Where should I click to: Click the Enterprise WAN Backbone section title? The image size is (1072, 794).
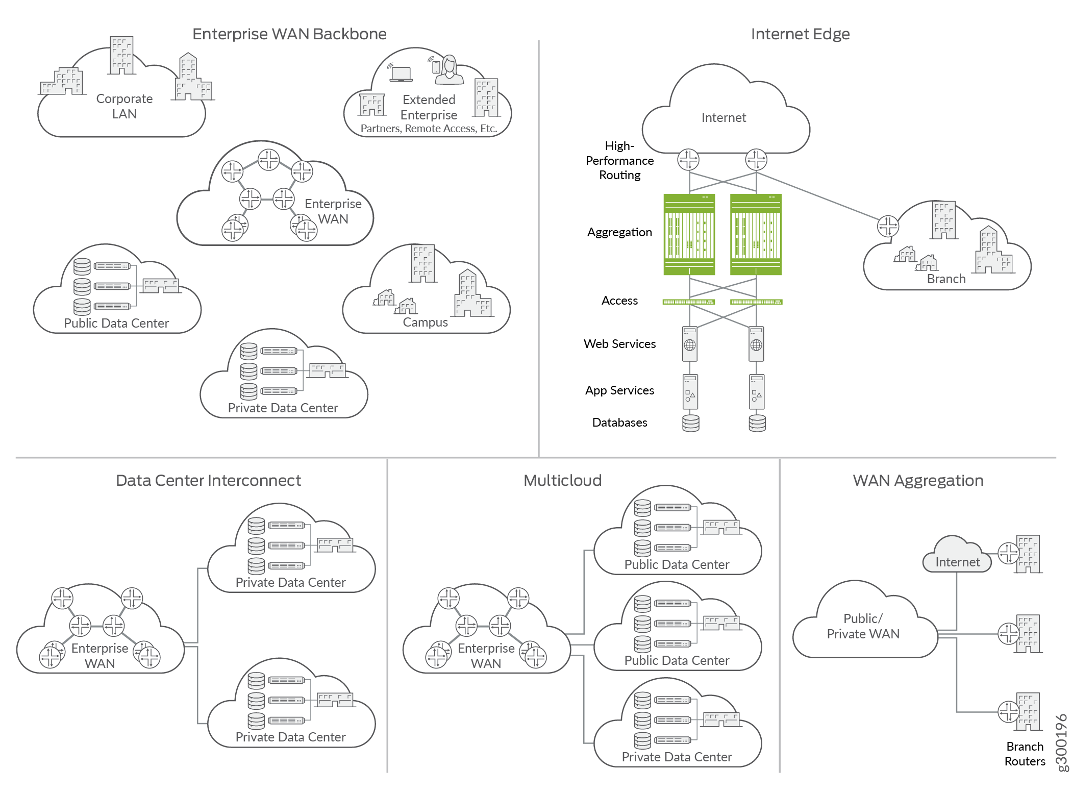tap(289, 34)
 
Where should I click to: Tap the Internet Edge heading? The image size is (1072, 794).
tap(800, 34)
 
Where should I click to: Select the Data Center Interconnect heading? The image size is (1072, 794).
tap(208, 481)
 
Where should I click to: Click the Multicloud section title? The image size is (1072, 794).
tap(562, 481)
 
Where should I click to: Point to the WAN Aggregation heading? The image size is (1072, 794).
tap(918, 481)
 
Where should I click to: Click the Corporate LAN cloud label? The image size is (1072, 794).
tap(124, 106)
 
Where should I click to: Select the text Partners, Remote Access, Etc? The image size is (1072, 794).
tap(429, 129)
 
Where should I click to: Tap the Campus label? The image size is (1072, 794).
tap(425, 322)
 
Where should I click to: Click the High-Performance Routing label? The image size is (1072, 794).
tap(619, 161)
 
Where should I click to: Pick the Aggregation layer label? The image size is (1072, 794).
tap(619, 233)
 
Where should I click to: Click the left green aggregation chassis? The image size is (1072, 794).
tap(689, 235)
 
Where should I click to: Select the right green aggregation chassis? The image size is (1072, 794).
tap(756, 235)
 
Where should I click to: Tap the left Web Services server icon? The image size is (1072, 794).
tap(690, 344)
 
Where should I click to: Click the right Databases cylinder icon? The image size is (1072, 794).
tap(757, 423)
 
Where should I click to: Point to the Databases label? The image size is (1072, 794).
tap(619, 423)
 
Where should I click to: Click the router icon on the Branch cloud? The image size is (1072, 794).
tap(888, 226)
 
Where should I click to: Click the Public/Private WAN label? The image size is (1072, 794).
tap(863, 626)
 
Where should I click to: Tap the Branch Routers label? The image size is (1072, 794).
tap(1025, 754)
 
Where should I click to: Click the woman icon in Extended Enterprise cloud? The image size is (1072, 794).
tap(449, 70)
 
